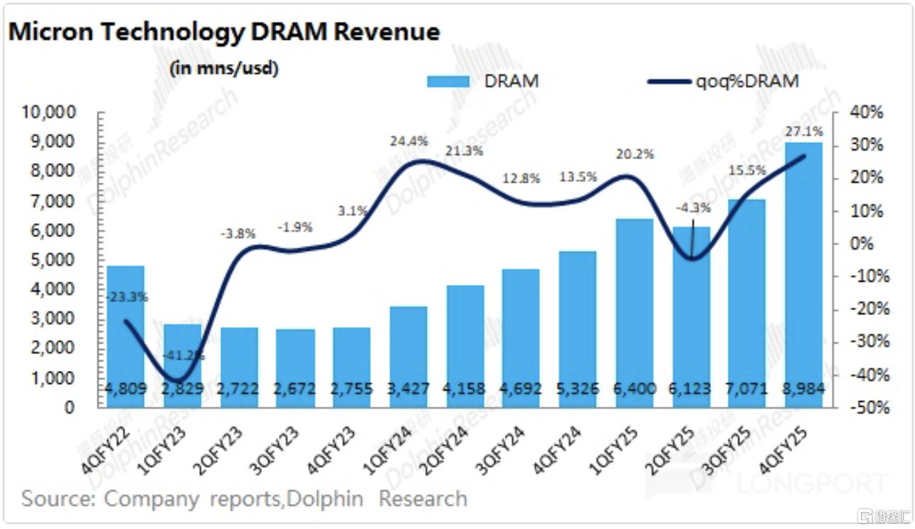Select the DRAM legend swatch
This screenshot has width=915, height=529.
coord(448,81)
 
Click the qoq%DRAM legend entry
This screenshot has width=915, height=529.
coord(723,81)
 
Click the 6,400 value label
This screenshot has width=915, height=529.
coord(635,390)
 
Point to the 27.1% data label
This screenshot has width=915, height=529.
coord(804,132)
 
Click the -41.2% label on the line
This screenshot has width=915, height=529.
coord(182,354)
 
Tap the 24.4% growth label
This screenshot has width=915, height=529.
coord(409,141)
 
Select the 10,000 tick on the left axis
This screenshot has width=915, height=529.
coord(51,113)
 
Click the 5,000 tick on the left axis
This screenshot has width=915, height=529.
coord(55,260)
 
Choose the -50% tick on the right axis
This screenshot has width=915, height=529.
coord(863,408)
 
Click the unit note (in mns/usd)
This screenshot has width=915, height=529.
coord(224,68)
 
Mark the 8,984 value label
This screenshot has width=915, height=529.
coord(803,390)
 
